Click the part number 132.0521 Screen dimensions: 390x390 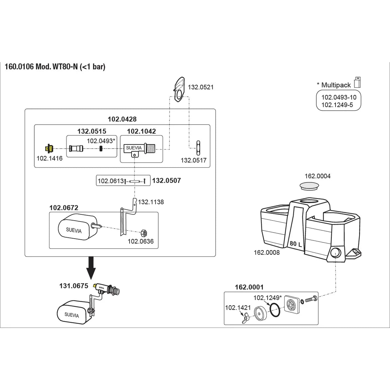click(201, 87)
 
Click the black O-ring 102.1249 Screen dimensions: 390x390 click(274, 310)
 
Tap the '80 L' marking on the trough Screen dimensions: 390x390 click(296, 244)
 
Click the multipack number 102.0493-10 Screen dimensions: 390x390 click(339, 98)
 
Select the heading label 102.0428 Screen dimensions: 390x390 click(122, 119)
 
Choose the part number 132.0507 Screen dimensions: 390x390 click(166, 181)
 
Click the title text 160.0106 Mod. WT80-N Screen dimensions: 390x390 click(55, 67)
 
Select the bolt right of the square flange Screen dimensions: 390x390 click(310, 299)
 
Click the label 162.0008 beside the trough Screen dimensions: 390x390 click(266, 252)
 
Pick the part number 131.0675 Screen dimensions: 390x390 click(74, 286)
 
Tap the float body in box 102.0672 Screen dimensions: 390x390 click(77, 228)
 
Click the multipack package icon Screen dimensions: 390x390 click(357, 82)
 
